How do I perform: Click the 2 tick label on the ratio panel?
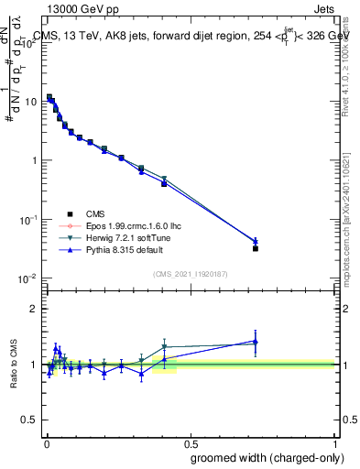(x=35, y=309)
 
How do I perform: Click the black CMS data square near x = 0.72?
(x=256, y=248)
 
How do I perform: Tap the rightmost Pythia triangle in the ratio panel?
(x=256, y=342)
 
